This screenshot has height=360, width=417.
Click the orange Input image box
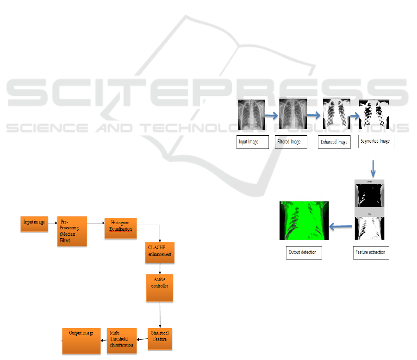(34, 223)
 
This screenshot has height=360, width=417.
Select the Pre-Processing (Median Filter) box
(72, 231)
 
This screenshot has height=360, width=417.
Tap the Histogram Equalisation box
(120, 228)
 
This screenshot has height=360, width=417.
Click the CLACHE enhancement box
(159, 253)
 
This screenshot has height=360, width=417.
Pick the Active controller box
(159, 288)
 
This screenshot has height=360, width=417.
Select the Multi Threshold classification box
(122, 341)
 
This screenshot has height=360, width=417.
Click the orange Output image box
(81, 341)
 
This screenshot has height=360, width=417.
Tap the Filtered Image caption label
(290, 142)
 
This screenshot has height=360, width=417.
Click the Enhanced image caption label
(334, 142)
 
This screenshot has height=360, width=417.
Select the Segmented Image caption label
(376, 141)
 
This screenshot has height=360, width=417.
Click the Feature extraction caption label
(371, 253)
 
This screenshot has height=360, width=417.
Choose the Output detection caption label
(303, 253)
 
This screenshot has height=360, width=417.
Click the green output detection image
(304, 220)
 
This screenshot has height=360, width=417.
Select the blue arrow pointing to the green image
(341, 227)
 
